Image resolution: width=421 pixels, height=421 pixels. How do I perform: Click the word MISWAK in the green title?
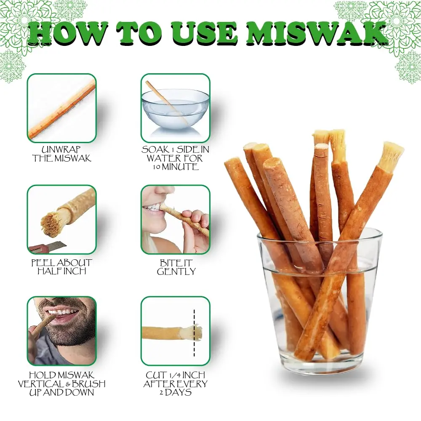tap(317, 34)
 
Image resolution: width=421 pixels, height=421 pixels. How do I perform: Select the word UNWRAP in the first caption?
tap(61, 149)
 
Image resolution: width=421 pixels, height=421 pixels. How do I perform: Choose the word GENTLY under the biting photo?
tap(176, 272)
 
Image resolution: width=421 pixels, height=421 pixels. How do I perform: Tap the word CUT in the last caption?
tap(155, 375)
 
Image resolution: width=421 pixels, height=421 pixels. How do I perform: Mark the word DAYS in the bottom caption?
tap(178, 392)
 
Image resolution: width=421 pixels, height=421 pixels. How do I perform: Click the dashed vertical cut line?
tap(194, 333)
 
